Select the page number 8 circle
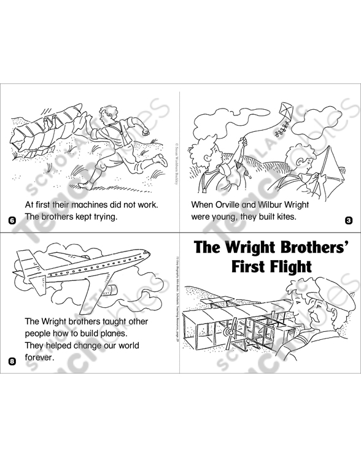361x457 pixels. click(x=12, y=361)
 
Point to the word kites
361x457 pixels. click(x=284, y=217)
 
